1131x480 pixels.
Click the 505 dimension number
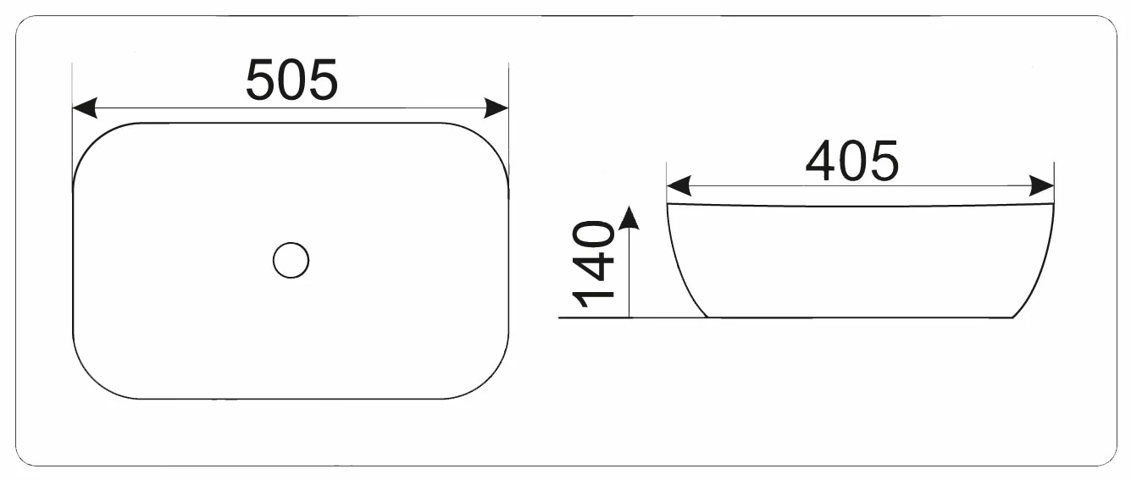(291, 80)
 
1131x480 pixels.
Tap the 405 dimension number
(852, 161)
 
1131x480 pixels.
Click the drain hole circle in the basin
(291, 260)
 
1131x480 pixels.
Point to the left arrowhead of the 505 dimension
(85, 108)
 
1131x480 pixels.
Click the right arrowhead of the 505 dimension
(496, 108)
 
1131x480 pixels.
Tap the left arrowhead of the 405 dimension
(679, 186)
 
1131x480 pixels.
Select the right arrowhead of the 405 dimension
(1042, 186)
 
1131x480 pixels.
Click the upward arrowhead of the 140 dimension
(629, 218)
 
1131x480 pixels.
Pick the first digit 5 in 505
(261, 80)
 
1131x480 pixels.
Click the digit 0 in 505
(291, 80)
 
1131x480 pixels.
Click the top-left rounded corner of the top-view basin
(93, 142)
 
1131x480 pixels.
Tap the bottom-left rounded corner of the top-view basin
(93, 379)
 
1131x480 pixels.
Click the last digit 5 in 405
(884, 162)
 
